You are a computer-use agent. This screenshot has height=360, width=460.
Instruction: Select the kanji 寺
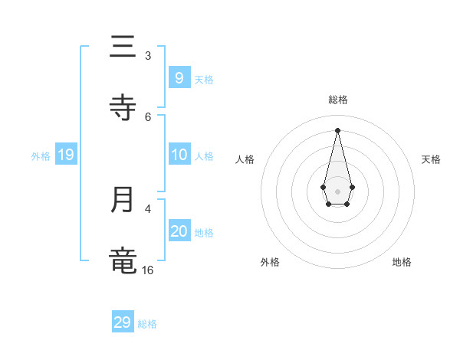[x=123, y=107]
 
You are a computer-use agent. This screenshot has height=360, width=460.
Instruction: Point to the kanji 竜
[x=123, y=260]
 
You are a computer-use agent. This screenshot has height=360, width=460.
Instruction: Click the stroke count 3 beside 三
[x=148, y=55]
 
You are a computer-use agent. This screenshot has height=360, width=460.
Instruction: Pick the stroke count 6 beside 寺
[x=148, y=116]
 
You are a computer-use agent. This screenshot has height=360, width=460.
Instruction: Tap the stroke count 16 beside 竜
[x=147, y=270]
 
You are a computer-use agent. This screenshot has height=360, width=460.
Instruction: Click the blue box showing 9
[x=179, y=78]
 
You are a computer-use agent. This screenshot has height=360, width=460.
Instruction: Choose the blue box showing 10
[x=179, y=155]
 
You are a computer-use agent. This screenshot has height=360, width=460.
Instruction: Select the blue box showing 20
[x=179, y=232]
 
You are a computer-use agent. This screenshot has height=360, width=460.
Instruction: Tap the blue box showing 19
[x=65, y=155]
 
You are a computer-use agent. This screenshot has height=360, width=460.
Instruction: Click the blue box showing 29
[x=122, y=322]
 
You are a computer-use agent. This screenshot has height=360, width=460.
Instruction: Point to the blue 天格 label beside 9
[x=204, y=80]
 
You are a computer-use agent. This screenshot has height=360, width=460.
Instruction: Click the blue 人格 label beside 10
[x=204, y=156]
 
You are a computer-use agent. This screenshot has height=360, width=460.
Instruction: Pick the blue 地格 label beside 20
[x=204, y=233]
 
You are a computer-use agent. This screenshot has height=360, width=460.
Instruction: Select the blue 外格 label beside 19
[x=41, y=156]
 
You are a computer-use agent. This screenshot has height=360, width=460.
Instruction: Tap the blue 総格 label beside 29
[x=147, y=324]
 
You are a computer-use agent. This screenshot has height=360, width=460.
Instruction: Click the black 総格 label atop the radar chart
[x=337, y=100]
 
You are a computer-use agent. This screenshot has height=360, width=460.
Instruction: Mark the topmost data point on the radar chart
[x=337, y=129]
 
